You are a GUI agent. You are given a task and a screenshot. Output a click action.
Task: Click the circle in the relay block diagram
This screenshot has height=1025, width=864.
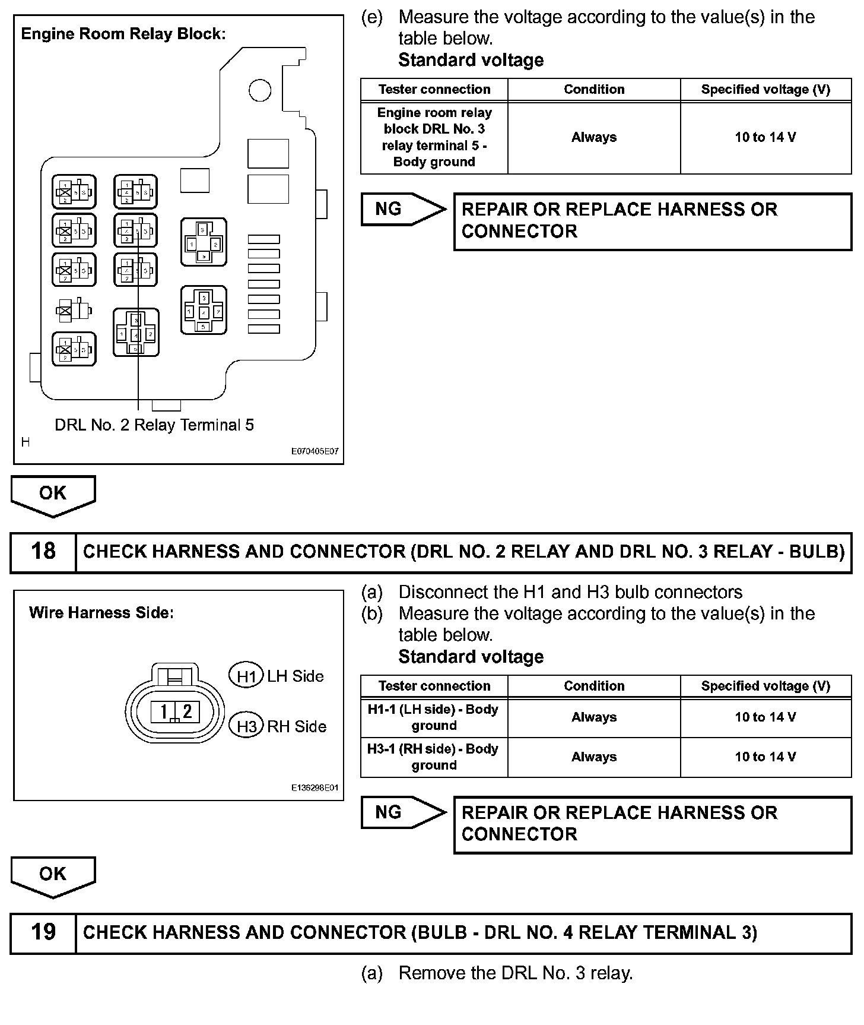[260, 90]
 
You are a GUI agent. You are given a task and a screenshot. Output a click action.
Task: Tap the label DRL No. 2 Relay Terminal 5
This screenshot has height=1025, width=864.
[154, 425]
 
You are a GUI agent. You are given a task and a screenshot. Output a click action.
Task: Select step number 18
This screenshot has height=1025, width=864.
[43, 552]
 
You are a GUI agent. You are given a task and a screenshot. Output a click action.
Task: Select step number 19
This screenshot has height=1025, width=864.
[43, 932]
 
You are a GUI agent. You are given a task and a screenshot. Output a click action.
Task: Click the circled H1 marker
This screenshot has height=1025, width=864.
[246, 676]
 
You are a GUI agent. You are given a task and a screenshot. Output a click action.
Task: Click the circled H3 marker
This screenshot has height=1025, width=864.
[246, 726]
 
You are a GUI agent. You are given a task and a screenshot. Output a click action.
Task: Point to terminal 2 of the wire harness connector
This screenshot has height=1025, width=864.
[187, 711]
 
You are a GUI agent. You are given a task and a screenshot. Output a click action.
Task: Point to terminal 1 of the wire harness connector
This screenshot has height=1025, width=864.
[164, 711]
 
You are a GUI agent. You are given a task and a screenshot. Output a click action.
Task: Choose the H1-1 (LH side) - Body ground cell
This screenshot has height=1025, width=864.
[434, 717]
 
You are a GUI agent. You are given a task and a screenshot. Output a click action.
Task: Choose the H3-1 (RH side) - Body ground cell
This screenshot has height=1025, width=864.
[434, 757]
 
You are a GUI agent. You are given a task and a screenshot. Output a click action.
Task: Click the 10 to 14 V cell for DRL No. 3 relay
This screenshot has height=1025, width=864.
[765, 138]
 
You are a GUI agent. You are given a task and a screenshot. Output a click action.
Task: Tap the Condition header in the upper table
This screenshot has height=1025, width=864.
[594, 90]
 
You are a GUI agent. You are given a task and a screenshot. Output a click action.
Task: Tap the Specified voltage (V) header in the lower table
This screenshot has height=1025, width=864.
[765, 687]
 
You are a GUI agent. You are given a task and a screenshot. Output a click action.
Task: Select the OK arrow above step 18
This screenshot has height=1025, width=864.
[53, 494]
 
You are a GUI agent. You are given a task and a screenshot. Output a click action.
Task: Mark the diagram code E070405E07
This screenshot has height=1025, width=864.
[315, 451]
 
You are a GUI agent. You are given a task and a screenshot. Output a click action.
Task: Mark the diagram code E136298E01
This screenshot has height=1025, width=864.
[315, 787]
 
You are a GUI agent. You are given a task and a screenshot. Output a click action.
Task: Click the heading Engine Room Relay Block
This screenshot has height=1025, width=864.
[123, 34]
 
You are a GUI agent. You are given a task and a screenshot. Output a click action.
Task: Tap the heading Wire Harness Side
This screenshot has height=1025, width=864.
[101, 613]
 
